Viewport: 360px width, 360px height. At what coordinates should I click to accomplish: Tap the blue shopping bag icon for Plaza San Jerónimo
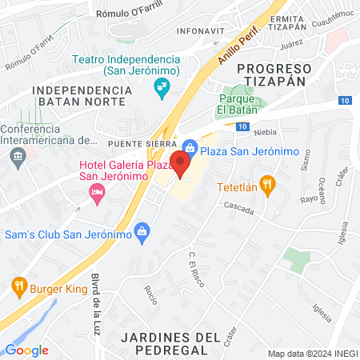tap(190, 146)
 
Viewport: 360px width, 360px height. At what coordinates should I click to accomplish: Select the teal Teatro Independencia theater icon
tap(162, 86)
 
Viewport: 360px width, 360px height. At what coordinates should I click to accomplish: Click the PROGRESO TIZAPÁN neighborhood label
tap(274, 78)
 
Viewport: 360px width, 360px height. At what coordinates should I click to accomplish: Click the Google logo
tap(27, 350)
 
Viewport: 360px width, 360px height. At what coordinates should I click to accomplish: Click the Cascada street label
tap(239, 210)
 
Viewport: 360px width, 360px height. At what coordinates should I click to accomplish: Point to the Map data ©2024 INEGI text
tap(310, 353)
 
